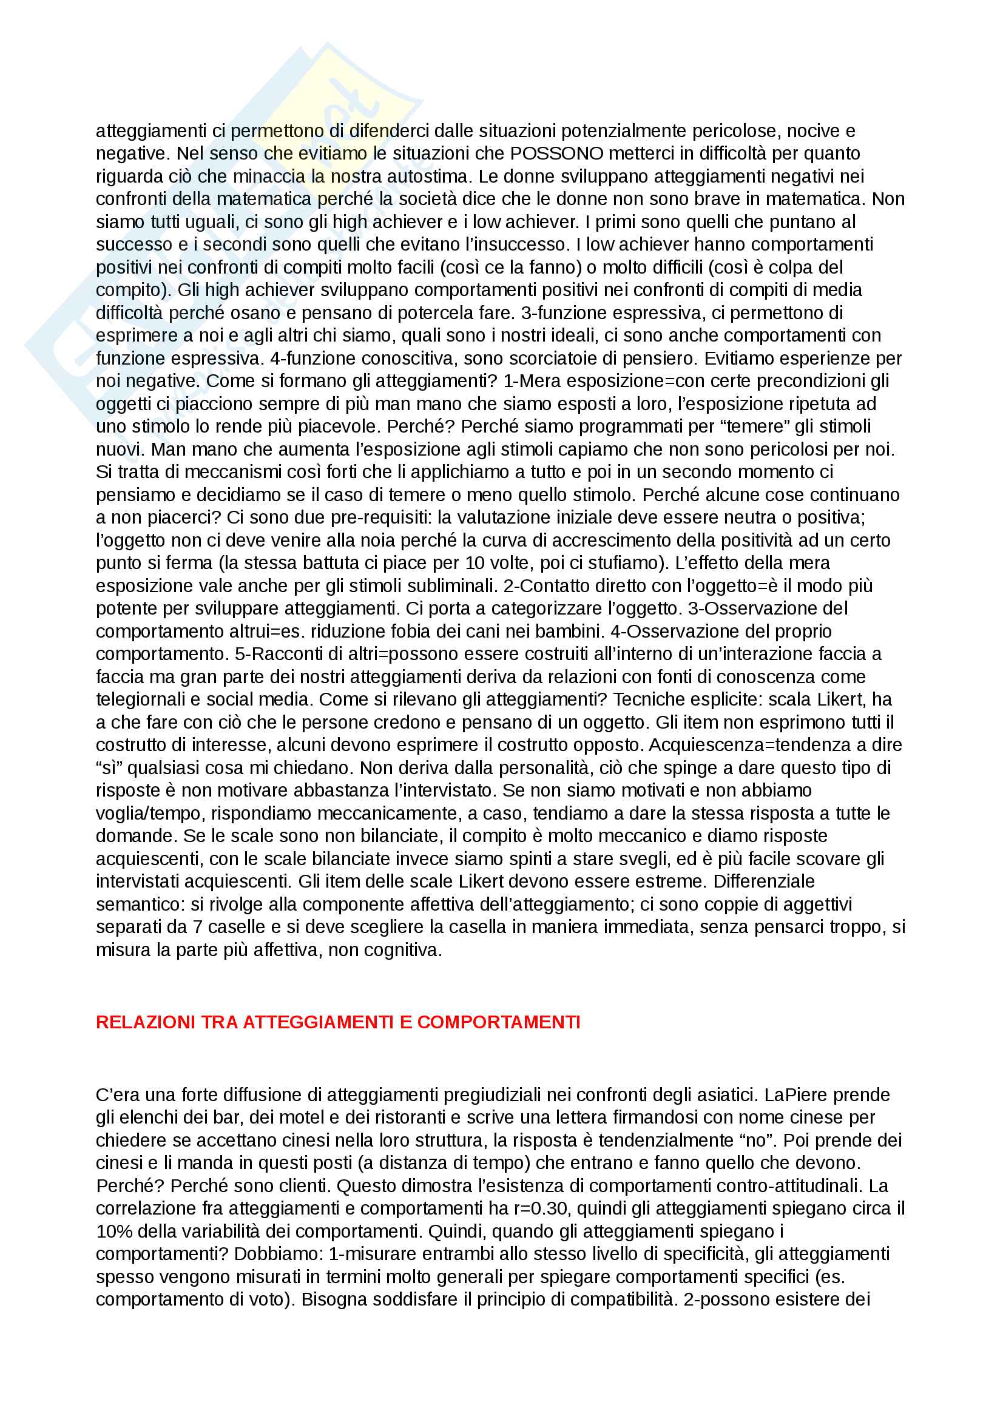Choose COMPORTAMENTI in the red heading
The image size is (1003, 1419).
(x=498, y=1022)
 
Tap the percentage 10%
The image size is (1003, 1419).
(x=113, y=1231)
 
